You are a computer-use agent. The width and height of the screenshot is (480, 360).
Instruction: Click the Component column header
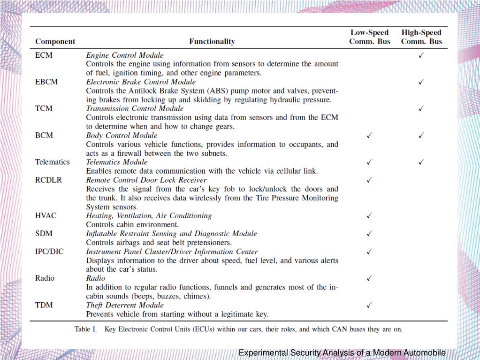[x=55, y=41]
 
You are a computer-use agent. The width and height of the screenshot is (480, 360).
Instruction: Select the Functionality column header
[x=212, y=41]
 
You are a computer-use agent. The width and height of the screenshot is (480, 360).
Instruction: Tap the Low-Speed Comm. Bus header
[x=369, y=37]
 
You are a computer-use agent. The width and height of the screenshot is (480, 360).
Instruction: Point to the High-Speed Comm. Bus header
[x=421, y=37]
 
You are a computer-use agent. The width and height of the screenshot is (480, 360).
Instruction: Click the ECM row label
[x=44, y=55]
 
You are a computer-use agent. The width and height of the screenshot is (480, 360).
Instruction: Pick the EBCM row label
[x=46, y=82]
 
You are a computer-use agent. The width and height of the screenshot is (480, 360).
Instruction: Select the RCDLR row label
[x=48, y=180]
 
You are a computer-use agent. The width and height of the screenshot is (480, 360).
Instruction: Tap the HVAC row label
[x=46, y=216]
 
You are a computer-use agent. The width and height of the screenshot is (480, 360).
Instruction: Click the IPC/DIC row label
[x=49, y=252]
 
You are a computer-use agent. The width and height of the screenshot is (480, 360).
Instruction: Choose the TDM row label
[x=44, y=305]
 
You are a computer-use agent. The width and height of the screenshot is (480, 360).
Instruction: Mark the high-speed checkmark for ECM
[x=421, y=55]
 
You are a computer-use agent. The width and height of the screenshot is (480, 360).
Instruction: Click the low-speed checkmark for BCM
[x=369, y=136]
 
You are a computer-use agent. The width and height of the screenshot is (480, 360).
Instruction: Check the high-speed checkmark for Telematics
[x=421, y=162]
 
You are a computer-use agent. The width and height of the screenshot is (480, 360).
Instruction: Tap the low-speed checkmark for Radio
[x=369, y=278]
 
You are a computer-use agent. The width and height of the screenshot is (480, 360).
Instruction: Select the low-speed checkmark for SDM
[x=369, y=234]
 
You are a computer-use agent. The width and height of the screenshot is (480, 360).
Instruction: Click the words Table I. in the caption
[x=85, y=329]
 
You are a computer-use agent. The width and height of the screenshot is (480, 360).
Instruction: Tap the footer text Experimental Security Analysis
[x=300, y=353]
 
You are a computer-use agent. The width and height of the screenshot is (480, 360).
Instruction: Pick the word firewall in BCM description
[x=121, y=153]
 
